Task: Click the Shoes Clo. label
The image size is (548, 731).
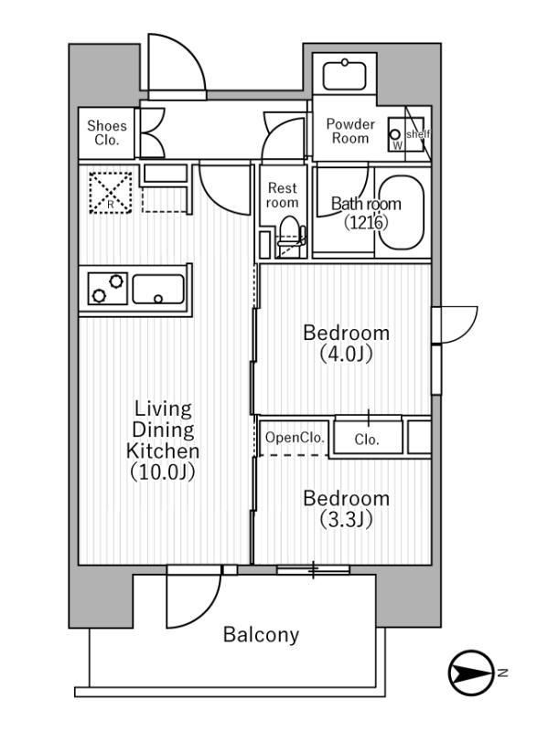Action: [107, 133]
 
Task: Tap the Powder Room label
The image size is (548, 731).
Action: [350, 131]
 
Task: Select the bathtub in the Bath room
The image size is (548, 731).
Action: [402, 213]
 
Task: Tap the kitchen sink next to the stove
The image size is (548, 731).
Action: [158, 290]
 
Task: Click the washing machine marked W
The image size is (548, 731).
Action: [398, 135]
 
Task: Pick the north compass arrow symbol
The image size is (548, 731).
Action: [470, 674]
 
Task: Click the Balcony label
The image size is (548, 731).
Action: [261, 635]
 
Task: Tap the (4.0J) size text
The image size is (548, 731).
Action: [346, 354]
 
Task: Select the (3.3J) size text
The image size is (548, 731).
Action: [346, 520]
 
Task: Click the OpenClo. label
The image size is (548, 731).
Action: [295, 438]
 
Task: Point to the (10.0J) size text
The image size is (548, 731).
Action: [163, 472]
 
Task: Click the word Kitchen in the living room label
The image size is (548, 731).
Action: [163, 450]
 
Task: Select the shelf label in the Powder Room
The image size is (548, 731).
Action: [417, 133]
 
